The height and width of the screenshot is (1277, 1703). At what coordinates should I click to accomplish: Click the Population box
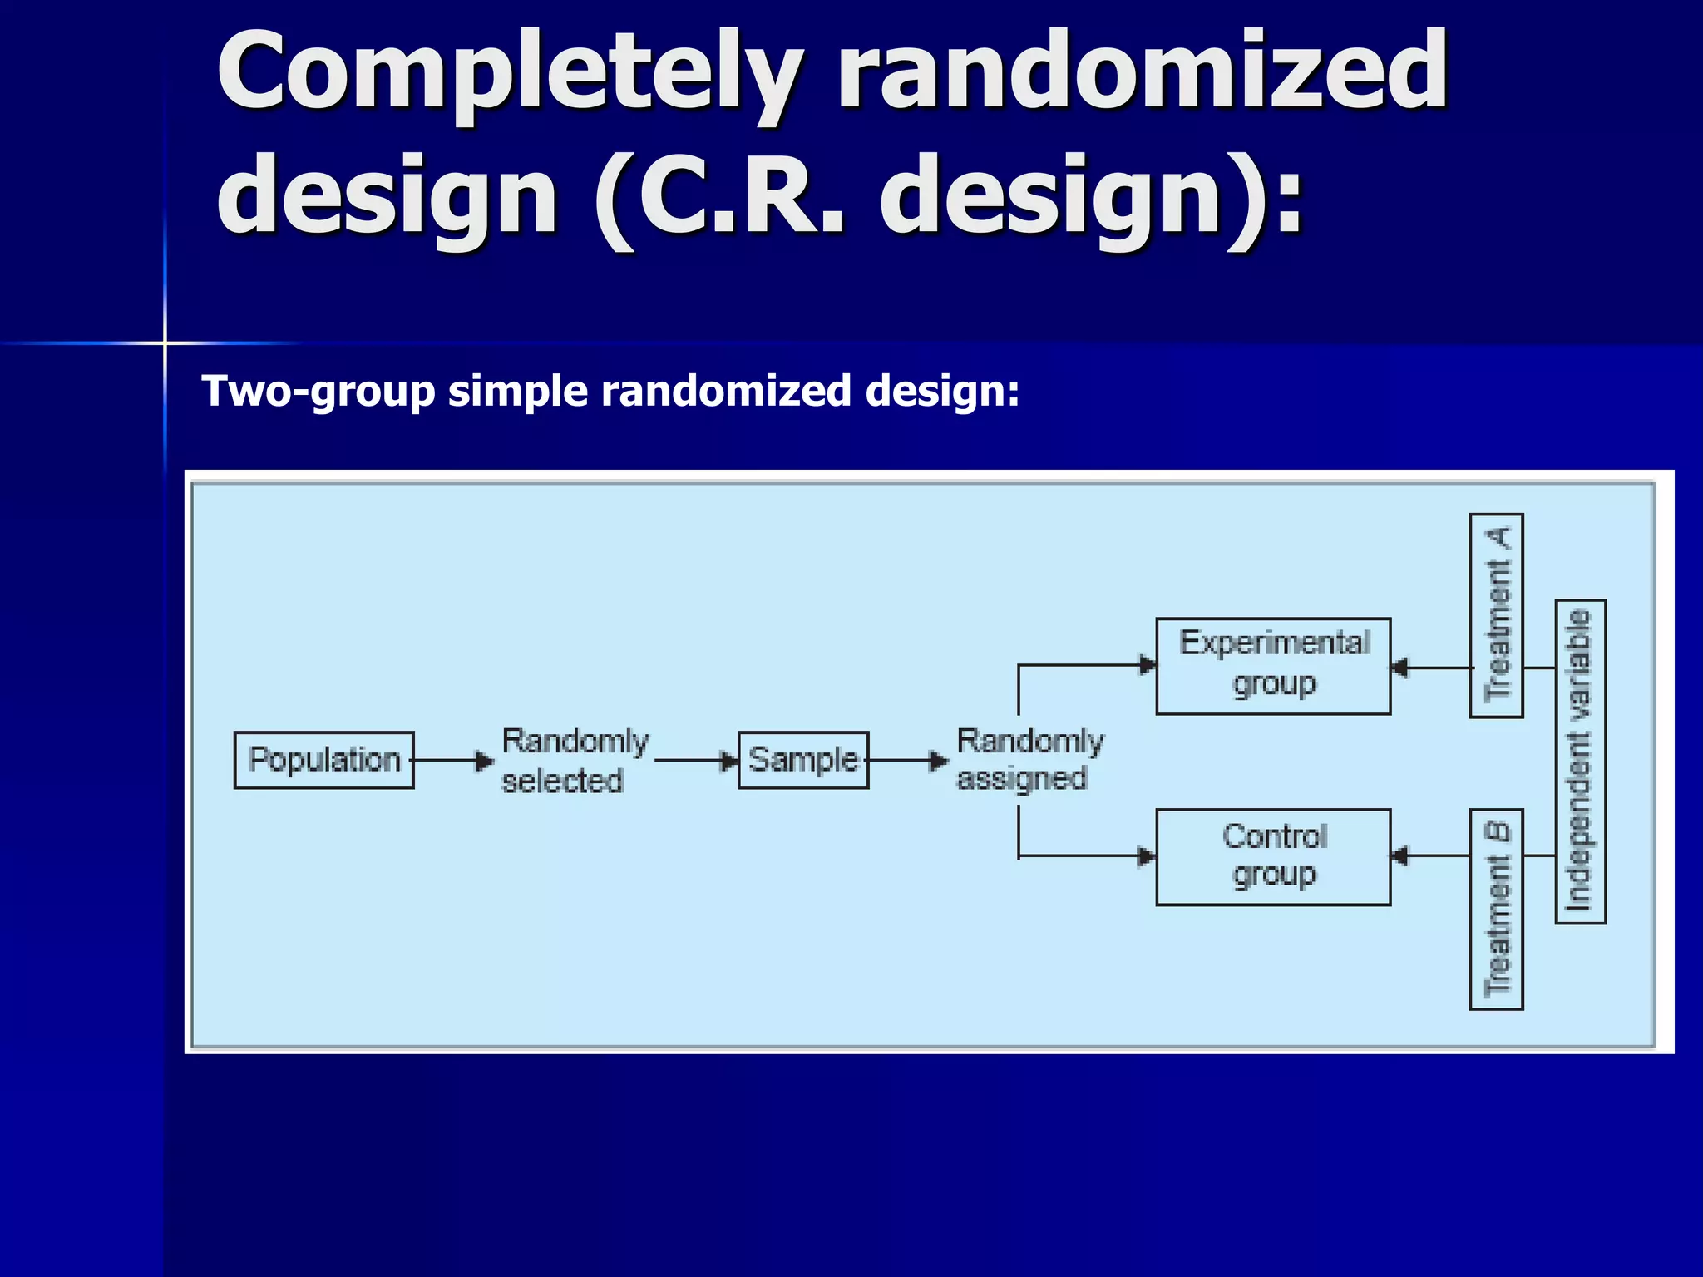coord(323,760)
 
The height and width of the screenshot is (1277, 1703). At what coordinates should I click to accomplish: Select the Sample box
coord(803,760)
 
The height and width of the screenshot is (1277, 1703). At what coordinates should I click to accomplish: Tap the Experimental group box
coord(1273,666)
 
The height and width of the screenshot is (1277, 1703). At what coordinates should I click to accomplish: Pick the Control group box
coord(1273,856)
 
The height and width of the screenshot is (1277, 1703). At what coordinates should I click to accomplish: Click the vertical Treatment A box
coord(1496,615)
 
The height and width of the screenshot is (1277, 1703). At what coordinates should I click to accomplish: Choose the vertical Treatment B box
coord(1496,909)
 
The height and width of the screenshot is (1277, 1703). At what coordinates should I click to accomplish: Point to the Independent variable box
coord(1580,761)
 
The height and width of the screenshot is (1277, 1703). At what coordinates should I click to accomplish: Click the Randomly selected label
coord(574,761)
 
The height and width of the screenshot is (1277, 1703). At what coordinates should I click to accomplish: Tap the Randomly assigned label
coord(1029,760)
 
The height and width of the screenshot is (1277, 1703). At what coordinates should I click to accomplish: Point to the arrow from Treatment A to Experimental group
coord(1432,668)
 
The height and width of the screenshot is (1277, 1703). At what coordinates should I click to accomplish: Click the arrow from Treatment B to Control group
coord(1432,855)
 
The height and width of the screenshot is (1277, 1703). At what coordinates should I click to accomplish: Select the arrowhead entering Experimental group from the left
coord(1148,665)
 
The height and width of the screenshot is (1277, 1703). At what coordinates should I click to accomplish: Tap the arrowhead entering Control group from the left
coord(1148,856)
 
